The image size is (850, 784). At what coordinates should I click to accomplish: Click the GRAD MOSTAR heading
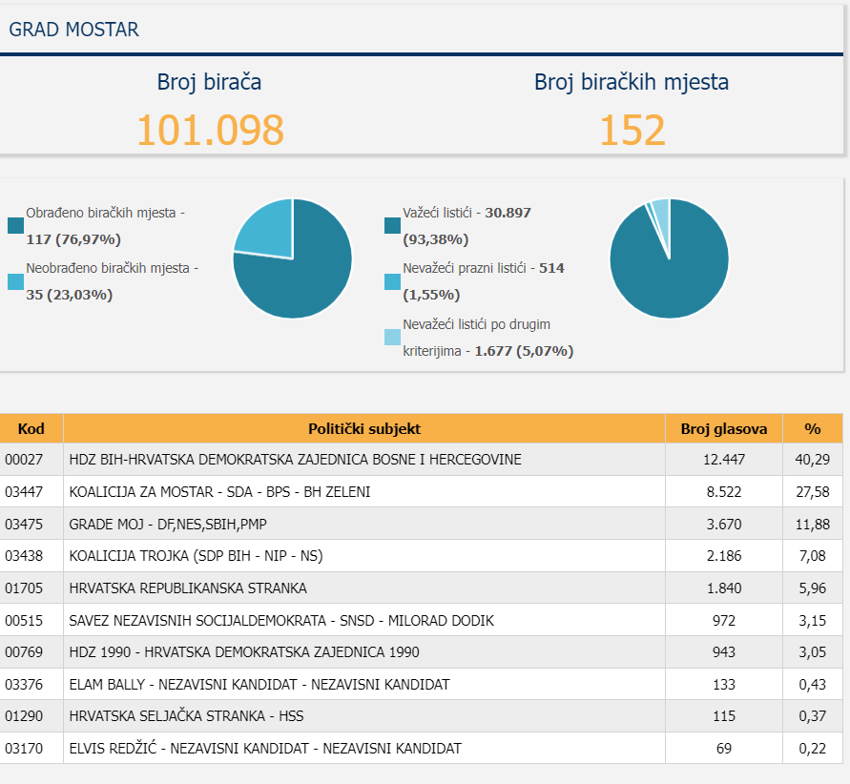click(73, 30)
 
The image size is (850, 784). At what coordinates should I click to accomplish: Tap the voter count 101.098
click(210, 130)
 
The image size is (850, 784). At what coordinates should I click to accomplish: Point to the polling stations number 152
click(632, 130)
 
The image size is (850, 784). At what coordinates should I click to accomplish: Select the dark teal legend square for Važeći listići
click(392, 225)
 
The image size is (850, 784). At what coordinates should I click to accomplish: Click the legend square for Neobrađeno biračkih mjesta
click(15, 281)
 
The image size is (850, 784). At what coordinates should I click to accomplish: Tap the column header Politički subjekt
click(364, 429)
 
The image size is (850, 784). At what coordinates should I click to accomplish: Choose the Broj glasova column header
click(724, 429)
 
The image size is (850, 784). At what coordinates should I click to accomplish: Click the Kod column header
click(31, 429)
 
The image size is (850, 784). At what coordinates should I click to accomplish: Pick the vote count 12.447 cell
click(724, 460)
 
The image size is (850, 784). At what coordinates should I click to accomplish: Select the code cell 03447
click(24, 492)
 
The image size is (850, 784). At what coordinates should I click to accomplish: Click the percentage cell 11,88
click(812, 525)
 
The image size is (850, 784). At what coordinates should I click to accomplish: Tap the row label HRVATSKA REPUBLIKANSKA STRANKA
click(188, 588)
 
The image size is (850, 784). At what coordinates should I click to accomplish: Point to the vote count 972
click(724, 620)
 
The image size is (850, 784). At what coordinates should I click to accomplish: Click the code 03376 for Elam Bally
click(24, 684)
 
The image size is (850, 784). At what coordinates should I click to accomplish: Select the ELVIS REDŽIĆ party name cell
click(265, 749)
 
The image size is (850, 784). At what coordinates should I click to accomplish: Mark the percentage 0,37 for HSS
click(812, 716)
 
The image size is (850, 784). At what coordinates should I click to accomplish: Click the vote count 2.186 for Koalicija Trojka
click(724, 556)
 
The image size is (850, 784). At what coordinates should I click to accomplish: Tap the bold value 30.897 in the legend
click(508, 213)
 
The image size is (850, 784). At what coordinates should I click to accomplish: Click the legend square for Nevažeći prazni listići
click(392, 281)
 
